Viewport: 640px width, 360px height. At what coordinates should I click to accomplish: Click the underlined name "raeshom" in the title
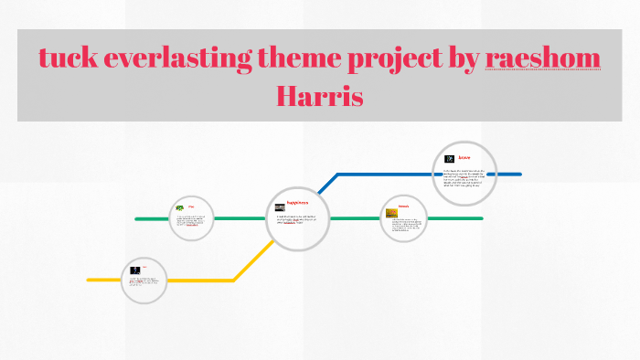pos(543,58)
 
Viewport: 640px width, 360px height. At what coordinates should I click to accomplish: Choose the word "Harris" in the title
pos(320,95)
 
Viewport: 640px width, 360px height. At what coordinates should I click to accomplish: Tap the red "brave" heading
pos(464,158)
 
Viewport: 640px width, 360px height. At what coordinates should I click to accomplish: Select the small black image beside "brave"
pos(450,159)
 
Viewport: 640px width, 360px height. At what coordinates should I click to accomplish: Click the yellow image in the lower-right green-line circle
pos(391,213)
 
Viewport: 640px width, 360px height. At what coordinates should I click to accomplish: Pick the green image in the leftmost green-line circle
pos(179,209)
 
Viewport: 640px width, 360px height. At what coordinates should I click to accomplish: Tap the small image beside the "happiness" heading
pos(280,206)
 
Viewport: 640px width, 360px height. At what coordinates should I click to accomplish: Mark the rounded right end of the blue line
pos(519,174)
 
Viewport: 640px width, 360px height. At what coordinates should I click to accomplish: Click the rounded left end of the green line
pos(137,219)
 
